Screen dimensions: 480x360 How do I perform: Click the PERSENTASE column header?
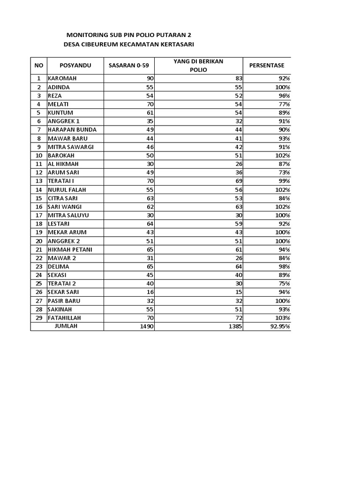tap(266, 66)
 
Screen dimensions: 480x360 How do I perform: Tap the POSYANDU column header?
tap(75, 66)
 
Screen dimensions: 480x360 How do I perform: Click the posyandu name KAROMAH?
tap(62, 79)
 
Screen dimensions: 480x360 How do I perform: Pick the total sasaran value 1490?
tap(147, 326)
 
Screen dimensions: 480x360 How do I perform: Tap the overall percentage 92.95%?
tap(280, 326)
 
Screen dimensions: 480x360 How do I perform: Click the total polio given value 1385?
tap(235, 326)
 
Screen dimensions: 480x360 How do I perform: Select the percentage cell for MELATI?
tap(284, 104)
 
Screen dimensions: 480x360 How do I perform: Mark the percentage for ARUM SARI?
tap(284, 172)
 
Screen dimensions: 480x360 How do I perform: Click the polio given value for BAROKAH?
tap(239, 156)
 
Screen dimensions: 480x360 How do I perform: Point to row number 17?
tap(38, 215)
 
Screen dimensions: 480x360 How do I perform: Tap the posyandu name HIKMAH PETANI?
tap(70, 249)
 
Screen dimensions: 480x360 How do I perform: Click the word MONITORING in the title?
tap(87, 35)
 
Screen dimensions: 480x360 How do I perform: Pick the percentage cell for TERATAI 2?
tap(284, 284)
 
